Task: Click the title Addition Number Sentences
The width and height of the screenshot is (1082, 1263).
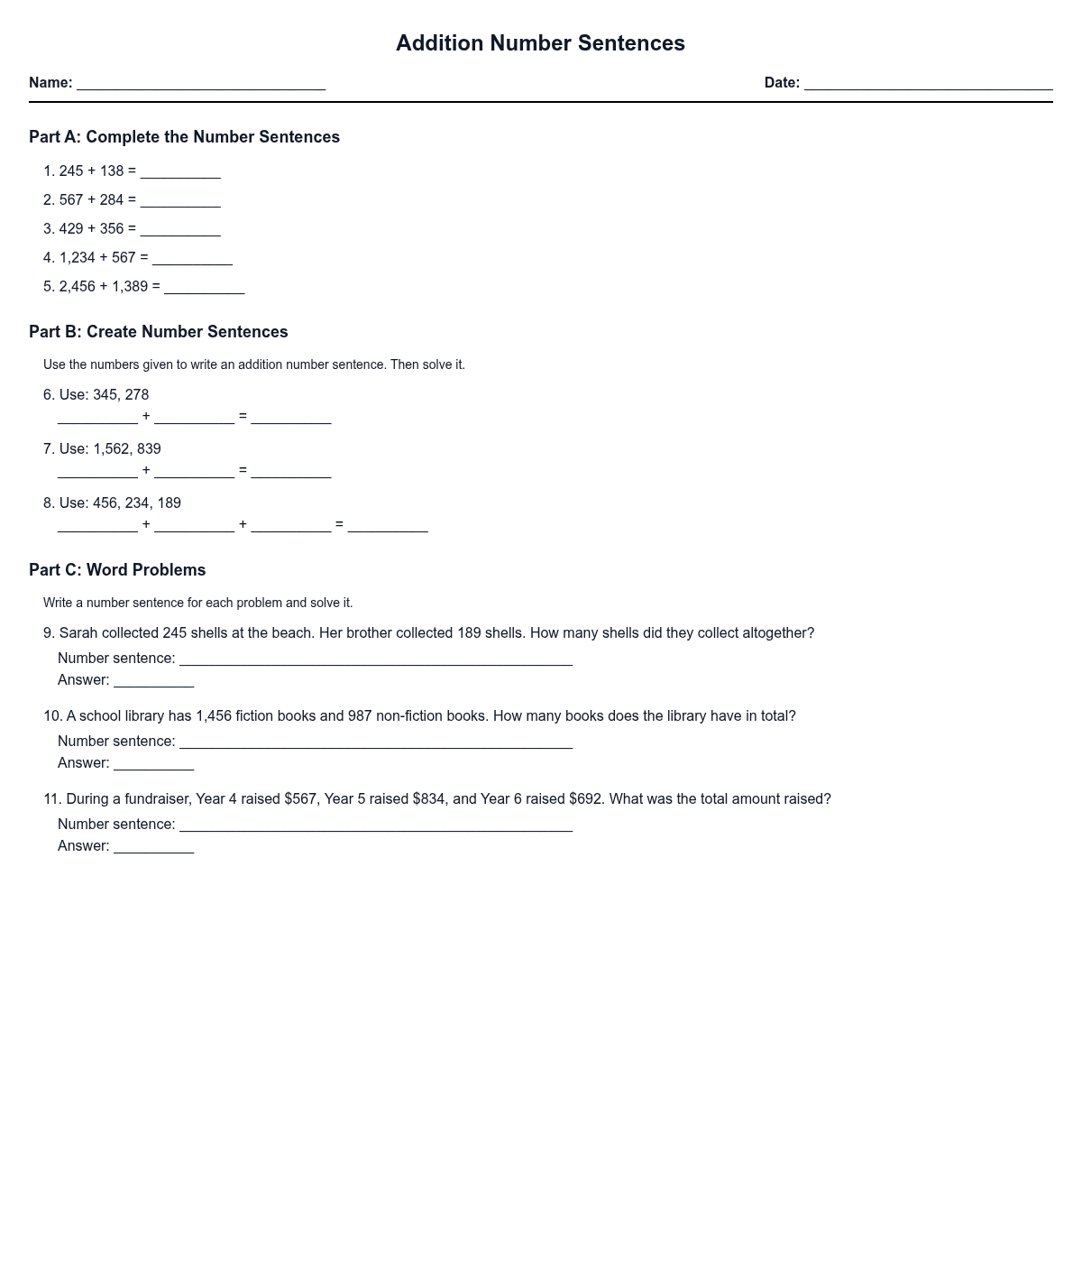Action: pos(540,43)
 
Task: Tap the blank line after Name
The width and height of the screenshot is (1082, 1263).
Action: pos(201,83)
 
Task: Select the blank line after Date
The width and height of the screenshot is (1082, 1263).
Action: pos(928,83)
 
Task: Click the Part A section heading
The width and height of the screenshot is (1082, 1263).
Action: pos(184,137)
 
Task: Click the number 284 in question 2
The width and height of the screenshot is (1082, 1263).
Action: pos(112,200)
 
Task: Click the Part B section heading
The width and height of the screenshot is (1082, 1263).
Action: pos(159,332)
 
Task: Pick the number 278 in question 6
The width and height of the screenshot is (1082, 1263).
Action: pos(137,395)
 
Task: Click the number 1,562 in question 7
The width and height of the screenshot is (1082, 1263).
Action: pos(111,449)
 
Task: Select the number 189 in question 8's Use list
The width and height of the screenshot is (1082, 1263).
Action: pos(170,503)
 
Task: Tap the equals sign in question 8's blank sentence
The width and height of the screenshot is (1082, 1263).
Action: pos(339,524)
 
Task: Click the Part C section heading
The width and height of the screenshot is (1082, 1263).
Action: pos(117,570)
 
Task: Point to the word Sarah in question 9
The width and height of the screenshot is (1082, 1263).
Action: pos(78,633)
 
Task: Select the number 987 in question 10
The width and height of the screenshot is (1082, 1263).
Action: pos(360,716)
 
